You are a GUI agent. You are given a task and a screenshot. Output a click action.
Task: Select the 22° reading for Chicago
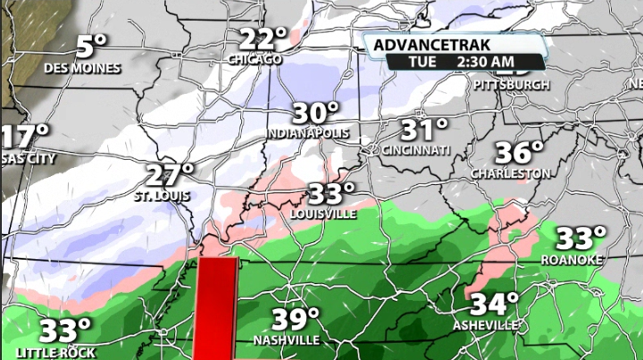264,39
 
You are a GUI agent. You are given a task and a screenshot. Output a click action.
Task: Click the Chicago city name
255,60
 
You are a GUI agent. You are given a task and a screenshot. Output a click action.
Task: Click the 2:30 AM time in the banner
487,61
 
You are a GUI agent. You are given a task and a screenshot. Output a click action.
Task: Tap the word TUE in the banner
423,61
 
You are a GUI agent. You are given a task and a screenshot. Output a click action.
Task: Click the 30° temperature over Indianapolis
317,113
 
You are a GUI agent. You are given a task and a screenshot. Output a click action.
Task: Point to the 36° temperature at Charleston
520,151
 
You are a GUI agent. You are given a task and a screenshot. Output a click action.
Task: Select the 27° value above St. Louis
170,173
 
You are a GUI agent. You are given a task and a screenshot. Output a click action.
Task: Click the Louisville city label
323,214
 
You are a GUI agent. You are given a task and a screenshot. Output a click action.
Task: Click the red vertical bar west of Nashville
215,308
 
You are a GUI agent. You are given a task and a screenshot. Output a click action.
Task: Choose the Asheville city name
484,325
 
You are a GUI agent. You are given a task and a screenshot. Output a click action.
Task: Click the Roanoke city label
572,259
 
